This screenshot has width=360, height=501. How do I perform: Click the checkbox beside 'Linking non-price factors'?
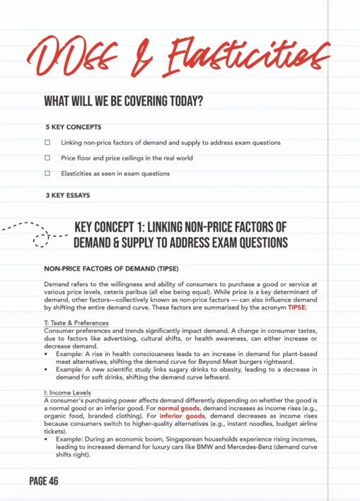pos(48,143)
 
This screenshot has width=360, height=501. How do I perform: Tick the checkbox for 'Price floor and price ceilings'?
pos(48,158)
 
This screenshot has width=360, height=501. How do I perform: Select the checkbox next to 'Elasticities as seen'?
pos(48,172)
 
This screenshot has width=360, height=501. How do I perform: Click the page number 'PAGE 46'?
pos(44,481)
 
